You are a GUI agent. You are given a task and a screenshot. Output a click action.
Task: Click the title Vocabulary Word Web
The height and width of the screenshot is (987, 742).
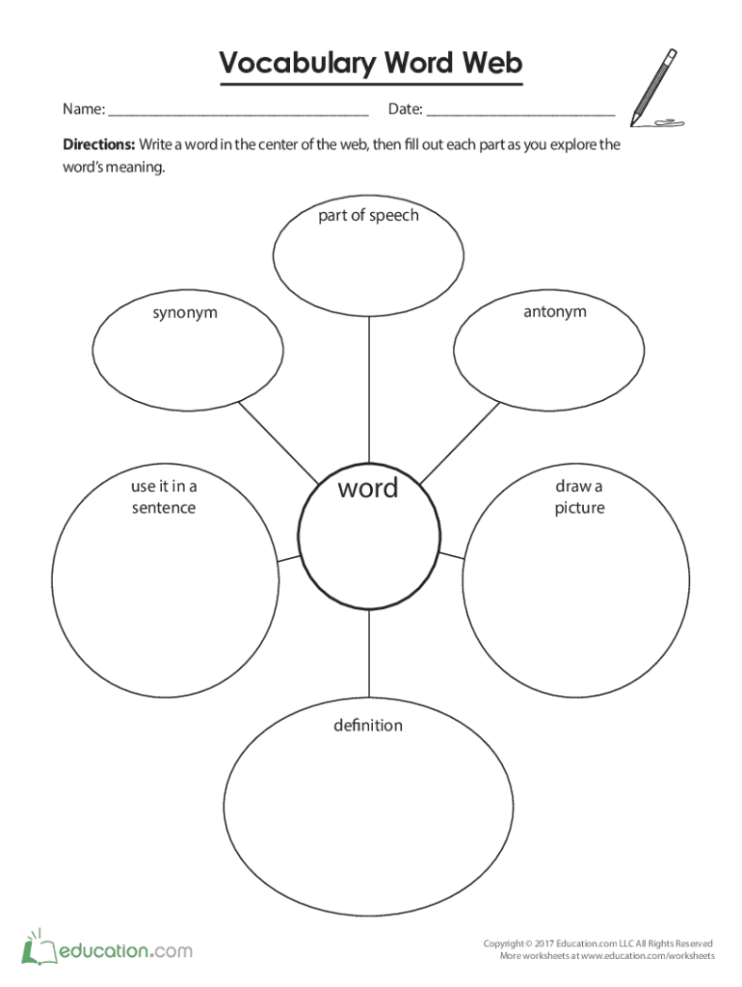pyautogui.click(x=371, y=64)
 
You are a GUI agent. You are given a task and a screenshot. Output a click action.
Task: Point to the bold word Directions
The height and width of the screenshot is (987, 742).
pyautogui.click(x=98, y=145)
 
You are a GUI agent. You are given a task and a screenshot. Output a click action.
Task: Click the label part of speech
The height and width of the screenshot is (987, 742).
pyautogui.click(x=369, y=215)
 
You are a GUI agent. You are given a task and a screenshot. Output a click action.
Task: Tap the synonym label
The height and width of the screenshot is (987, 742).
pyautogui.click(x=184, y=312)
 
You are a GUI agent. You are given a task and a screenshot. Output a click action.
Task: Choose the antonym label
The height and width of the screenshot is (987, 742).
pyautogui.click(x=554, y=311)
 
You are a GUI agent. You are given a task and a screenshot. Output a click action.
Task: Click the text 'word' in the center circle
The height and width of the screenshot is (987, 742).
pyautogui.click(x=367, y=489)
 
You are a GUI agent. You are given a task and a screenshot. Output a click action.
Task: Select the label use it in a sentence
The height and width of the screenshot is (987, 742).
pyautogui.click(x=164, y=497)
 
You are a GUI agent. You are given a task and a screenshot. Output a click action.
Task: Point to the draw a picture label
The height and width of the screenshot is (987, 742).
pyautogui.click(x=579, y=497)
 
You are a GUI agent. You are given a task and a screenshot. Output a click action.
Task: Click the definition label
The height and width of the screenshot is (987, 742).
pyautogui.click(x=368, y=725)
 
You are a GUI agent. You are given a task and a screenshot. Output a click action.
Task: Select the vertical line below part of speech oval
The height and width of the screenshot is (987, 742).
pyautogui.click(x=369, y=386)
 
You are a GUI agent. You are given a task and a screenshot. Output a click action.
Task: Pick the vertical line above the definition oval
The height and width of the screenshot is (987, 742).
pyautogui.click(x=369, y=655)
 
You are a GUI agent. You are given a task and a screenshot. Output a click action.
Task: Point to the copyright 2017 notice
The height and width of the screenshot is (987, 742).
pyautogui.click(x=597, y=943)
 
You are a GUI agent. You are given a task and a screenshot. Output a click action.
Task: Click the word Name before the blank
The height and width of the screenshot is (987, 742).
pyautogui.click(x=83, y=109)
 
